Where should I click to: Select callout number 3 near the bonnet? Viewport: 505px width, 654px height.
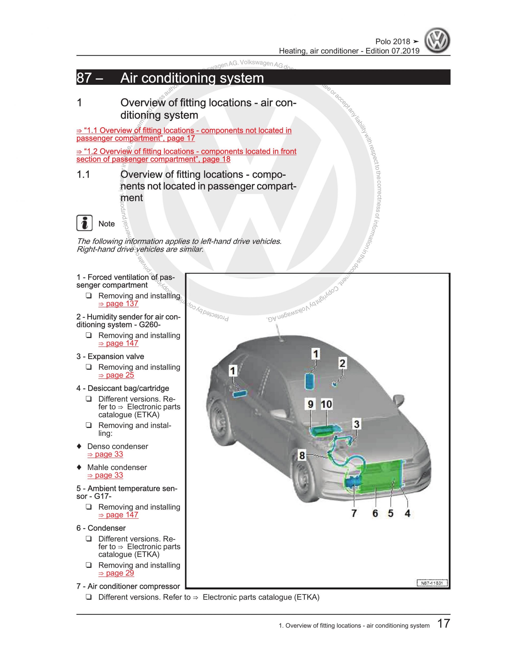[356, 424]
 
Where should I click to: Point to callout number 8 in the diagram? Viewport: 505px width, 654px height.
[302, 456]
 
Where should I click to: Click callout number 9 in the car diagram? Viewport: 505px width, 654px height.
[311, 404]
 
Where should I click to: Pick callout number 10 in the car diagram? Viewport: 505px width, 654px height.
[326, 404]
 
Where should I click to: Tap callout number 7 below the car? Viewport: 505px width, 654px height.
[354, 513]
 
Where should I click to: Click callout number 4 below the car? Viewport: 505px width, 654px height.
[407, 513]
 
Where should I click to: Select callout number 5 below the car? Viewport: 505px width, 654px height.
[391, 513]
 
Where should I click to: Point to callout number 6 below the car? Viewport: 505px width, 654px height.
[375, 513]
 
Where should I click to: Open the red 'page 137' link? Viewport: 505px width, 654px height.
[118, 304]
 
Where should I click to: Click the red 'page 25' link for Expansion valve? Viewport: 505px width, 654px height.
[116, 375]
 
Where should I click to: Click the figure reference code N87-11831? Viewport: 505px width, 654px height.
[432, 583]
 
